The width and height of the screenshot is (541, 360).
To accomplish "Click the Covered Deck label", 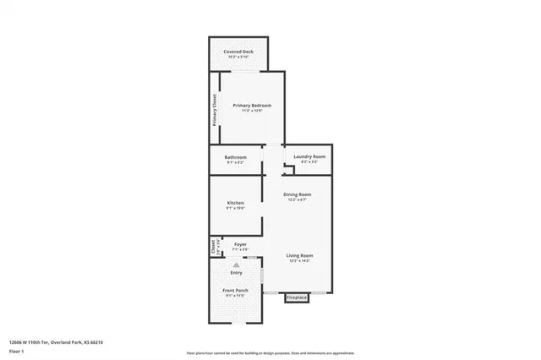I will pos(238,52).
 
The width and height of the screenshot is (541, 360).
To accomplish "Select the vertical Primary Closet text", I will pos(215,108).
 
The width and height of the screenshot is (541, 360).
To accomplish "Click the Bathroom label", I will pos(235,157).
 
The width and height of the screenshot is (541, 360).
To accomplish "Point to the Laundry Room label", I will pos(309,157).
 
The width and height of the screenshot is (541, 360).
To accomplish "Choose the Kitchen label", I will pos(235,204).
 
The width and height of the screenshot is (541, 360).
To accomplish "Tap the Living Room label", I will pos(299,255).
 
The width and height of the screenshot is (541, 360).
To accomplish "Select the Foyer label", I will pos(240,244).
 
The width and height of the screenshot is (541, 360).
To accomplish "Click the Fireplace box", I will pos(297,297).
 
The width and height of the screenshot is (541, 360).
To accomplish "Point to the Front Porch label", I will pos(235,291).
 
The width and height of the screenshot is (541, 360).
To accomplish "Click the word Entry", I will pos(236,272).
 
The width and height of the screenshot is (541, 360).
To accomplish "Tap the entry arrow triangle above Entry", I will pos(236,265).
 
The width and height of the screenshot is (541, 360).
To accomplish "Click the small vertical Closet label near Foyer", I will pos(213,247).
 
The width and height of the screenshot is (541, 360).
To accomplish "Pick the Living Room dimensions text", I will pos(299,261).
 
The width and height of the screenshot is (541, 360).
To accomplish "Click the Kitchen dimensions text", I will pos(235,210).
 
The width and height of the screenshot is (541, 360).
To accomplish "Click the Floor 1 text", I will pos(16,350).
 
